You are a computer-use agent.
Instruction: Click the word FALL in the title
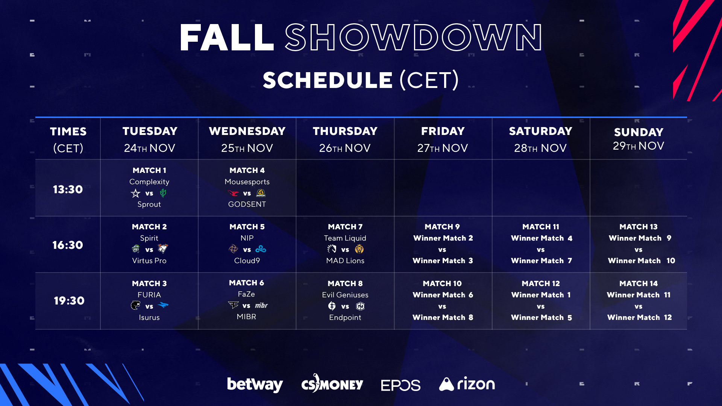tap(226, 38)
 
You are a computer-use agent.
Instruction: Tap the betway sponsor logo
tap(255, 384)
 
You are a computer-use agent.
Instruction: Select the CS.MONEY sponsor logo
tap(332, 384)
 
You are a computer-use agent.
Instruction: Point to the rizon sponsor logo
tap(467, 384)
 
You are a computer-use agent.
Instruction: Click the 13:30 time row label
tap(68, 189)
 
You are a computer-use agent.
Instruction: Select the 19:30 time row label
tap(69, 301)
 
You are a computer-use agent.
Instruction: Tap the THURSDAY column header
tap(345, 131)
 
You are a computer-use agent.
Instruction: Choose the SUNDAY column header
tap(639, 132)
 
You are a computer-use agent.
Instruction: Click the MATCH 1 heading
tap(149, 170)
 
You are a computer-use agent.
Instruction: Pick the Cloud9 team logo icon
tap(261, 249)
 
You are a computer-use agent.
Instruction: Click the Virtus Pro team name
tap(149, 261)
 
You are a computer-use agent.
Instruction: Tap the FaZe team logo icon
tap(233, 305)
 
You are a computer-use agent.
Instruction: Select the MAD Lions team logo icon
tap(359, 249)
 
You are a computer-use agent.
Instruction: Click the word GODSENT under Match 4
tap(247, 204)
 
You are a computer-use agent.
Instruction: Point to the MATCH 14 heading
tap(639, 283)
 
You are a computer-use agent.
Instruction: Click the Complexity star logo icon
tap(135, 193)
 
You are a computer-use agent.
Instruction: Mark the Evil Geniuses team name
tap(345, 295)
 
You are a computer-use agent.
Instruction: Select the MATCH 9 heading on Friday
tap(442, 227)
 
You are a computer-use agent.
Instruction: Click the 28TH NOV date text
tap(540, 148)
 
